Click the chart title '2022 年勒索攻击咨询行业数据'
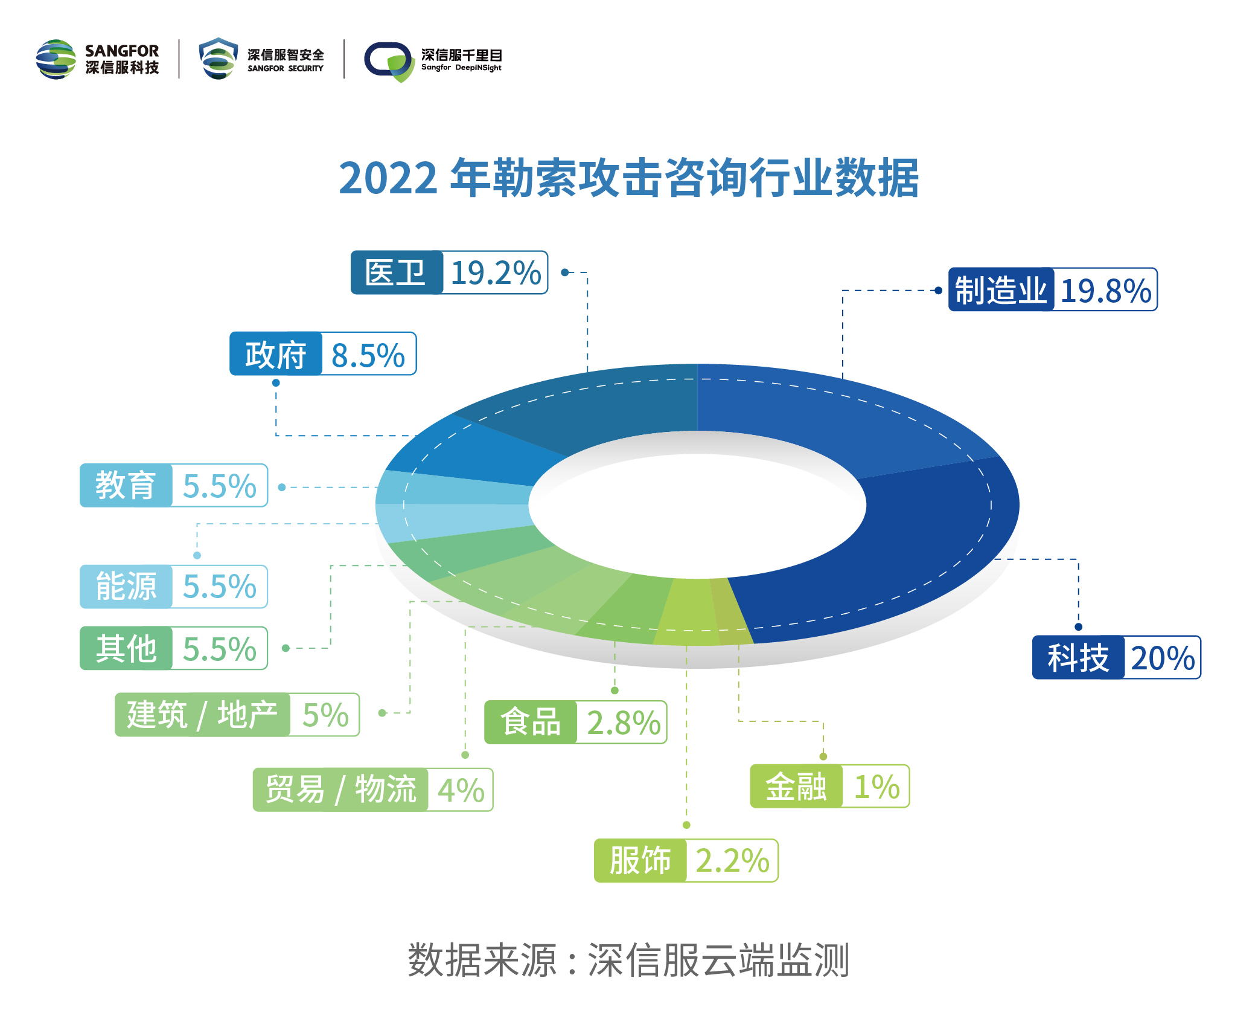pyautogui.click(x=628, y=178)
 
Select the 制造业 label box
pyautogui.click(x=1001, y=290)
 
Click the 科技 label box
pyautogui.click(x=1078, y=657)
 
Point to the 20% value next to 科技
pyautogui.click(x=1163, y=658)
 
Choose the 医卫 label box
pyautogui.click(x=396, y=272)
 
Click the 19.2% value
pyautogui.click(x=496, y=273)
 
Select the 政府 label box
pyautogui.click(x=276, y=354)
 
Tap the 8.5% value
pyautogui.click(x=368, y=355)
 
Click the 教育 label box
pyautogui.click(x=126, y=485)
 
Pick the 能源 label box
pyautogui.click(x=126, y=586)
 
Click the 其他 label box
pyautogui.click(x=126, y=648)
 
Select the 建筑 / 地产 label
pyautogui.click(x=202, y=715)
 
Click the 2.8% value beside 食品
pyautogui.click(x=624, y=723)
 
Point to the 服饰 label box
pyautogui.click(x=640, y=860)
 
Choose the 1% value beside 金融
pyautogui.click(x=876, y=787)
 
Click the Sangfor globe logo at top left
pyautogui.click(x=56, y=59)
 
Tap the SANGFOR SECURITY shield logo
pyautogui.click(x=218, y=59)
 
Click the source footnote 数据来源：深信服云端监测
pyautogui.click(x=628, y=960)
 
